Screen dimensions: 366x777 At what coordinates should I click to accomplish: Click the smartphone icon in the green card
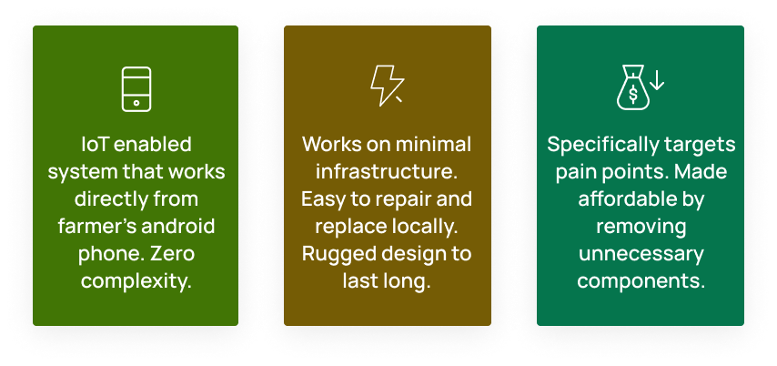click(x=136, y=89)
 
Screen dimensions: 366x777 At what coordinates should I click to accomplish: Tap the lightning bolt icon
click(x=385, y=86)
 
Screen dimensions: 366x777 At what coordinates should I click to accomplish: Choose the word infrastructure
click(x=387, y=171)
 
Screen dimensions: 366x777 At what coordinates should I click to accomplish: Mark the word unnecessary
click(x=641, y=252)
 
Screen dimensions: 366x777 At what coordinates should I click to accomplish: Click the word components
click(x=641, y=280)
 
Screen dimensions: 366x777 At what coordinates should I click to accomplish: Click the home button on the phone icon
click(x=136, y=102)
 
